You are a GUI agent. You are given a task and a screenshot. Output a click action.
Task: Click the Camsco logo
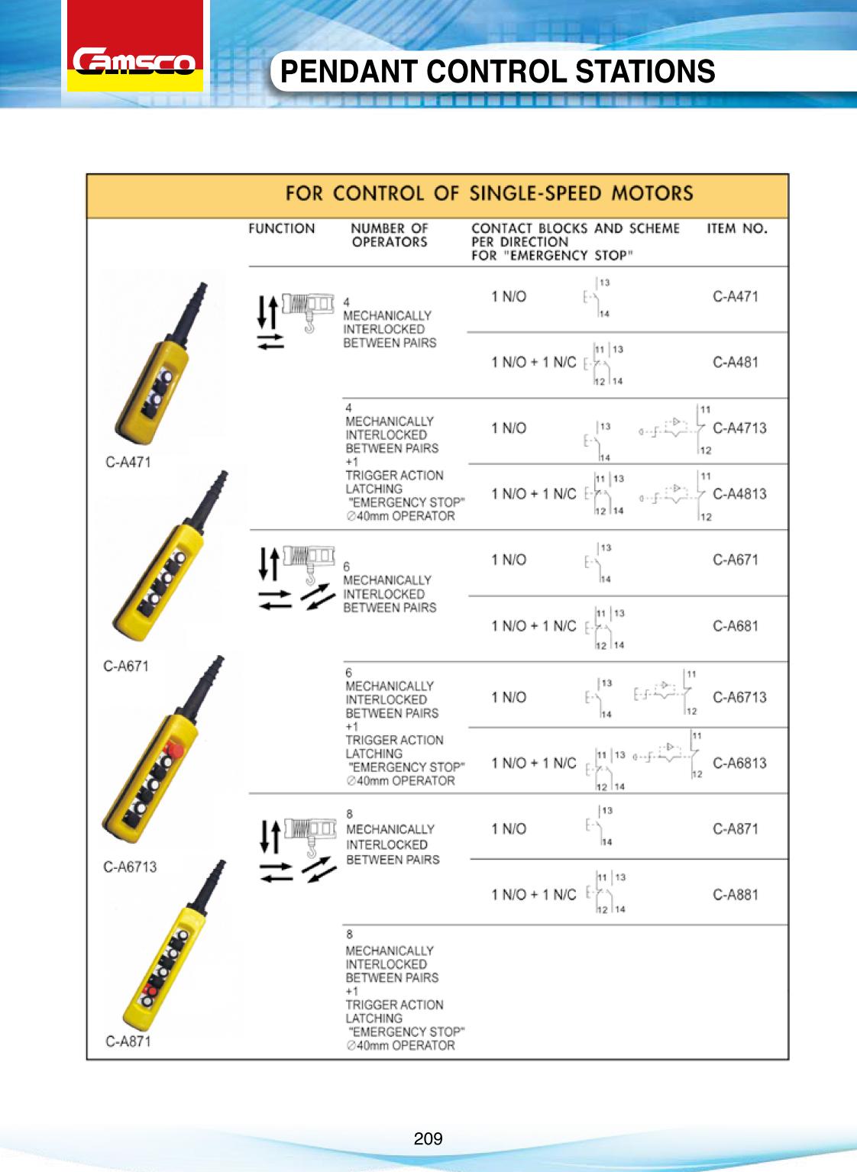coord(135,62)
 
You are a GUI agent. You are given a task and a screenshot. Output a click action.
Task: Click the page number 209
coord(428,1139)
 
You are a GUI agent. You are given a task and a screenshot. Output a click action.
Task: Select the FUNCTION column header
coord(281,228)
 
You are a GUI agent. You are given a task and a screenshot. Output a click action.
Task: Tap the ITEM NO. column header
coord(736,228)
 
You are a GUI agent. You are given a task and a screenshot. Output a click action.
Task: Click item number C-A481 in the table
coord(736,362)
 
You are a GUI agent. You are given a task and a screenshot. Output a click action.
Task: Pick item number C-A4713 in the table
coord(739,428)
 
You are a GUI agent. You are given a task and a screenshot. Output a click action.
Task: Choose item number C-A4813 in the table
coord(739,493)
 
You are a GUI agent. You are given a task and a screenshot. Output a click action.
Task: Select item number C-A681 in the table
coord(736,625)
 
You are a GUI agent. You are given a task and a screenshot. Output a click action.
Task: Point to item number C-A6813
coord(739,763)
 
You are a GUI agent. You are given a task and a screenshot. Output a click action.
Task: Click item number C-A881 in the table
coord(736,894)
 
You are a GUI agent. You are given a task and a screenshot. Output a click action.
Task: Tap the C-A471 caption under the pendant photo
coord(128,462)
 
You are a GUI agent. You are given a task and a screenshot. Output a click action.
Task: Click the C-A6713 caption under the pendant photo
coord(130,867)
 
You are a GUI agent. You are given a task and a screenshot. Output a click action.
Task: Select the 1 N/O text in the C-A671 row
coord(509,560)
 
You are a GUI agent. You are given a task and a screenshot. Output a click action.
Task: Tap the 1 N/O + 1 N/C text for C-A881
coord(533,894)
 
